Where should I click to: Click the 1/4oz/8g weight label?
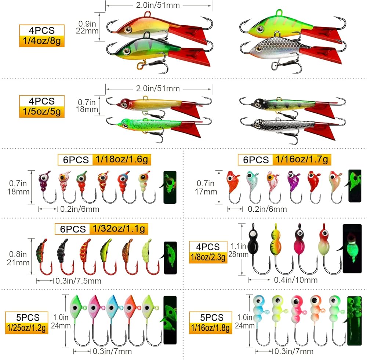(42, 41)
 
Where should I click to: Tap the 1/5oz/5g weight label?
(42, 112)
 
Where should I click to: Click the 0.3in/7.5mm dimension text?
(78, 281)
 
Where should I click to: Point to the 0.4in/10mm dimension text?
(296, 280)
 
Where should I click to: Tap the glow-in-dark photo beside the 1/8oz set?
(352, 248)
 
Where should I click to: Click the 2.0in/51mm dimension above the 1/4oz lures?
(159, 5)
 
